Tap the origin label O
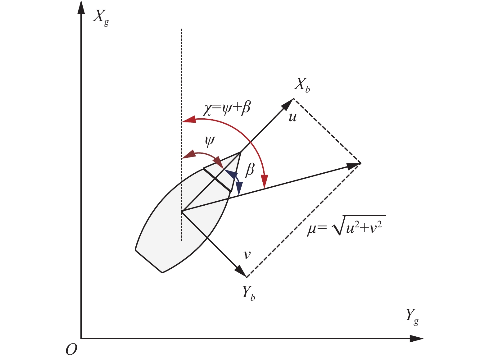click(x=71, y=350)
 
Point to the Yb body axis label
click(x=249, y=293)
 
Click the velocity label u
click(x=292, y=117)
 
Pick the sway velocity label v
click(x=247, y=255)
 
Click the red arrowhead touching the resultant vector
click(x=265, y=182)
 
